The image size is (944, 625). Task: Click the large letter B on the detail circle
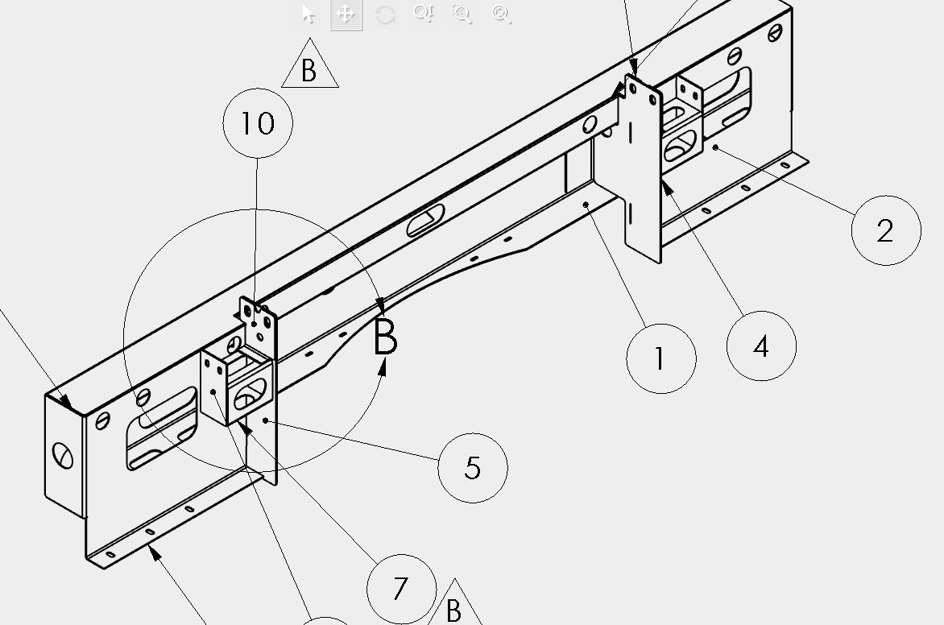click(x=385, y=337)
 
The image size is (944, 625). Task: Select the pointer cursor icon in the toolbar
click(x=308, y=13)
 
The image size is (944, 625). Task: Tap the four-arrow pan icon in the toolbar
click(x=346, y=14)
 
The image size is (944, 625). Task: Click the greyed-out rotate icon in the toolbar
click(x=385, y=14)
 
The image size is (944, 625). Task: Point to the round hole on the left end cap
click(x=63, y=455)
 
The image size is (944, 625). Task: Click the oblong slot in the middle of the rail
click(x=425, y=221)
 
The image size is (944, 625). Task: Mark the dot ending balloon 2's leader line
click(x=715, y=147)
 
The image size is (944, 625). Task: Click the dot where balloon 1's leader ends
click(x=586, y=205)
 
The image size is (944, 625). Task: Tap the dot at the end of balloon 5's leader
click(x=266, y=420)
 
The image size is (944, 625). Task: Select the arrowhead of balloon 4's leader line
click(x=667, y=188)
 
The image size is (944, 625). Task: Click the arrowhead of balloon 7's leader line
click(x=244, y=428)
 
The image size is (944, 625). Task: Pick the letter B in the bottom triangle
click(x=454, y=611)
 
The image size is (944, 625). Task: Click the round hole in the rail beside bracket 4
click(x=590, y=125)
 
